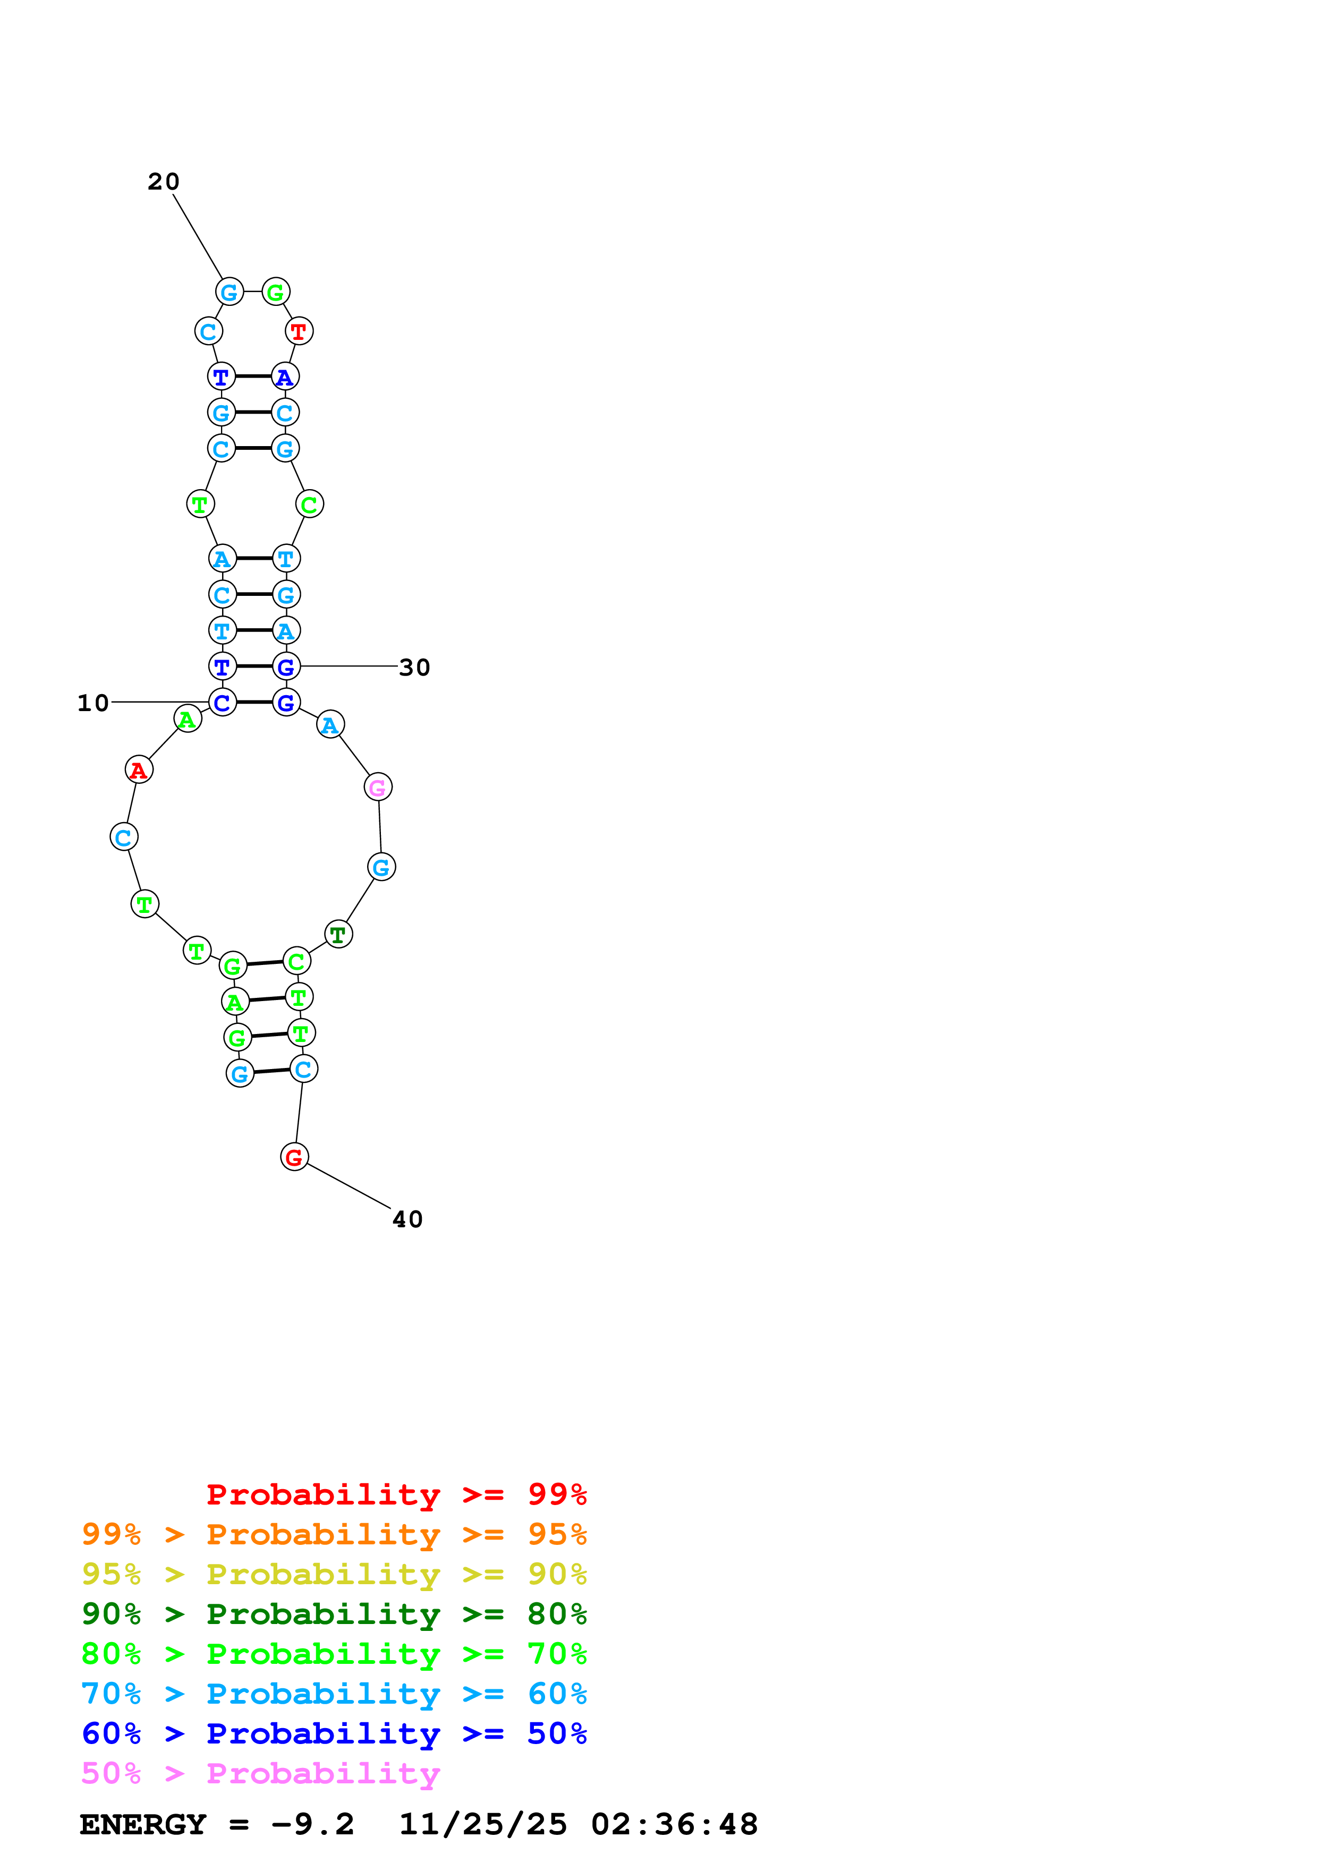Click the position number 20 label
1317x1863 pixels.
coord(163,182)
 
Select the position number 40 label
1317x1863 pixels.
coord(407,1219)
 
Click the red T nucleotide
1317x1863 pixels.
coord(299,331)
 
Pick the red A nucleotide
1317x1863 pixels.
coord(139,769)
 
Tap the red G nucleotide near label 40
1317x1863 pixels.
coord(294,1157)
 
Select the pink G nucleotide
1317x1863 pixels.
coord(377,787)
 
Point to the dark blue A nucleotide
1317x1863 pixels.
coord(285,377)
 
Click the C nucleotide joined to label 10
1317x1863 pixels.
coord(223,703)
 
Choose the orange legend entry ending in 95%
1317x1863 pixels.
coord(334,1534)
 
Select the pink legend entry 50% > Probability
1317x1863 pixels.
coord(260,1773)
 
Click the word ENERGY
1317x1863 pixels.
coord(143,1825)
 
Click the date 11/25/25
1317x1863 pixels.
coord(483,1825)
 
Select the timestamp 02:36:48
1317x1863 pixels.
coord(674,1825)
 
